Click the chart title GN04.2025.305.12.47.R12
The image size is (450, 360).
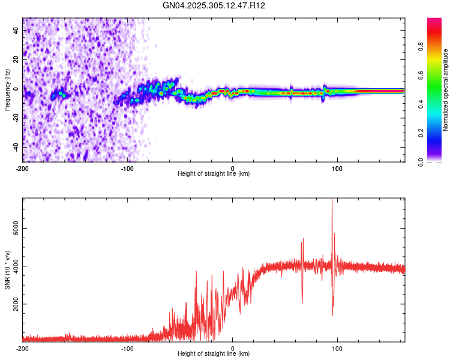[x=214, y=5]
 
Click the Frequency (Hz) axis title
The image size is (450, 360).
[x=7, y=90]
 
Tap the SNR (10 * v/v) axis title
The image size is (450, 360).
[x=7, y=270]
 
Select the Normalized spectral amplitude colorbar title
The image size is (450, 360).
[x=445, y=90]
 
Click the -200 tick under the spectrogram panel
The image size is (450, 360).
[x=22, y=168]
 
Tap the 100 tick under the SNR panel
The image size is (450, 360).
[x=337, y=349]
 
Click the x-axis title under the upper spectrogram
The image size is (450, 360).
[x=214, y=174]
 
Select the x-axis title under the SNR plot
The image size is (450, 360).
[x=214, y=355]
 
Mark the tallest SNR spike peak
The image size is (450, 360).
[x=332, y=200]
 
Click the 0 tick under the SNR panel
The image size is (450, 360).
[x=233, y=349]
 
